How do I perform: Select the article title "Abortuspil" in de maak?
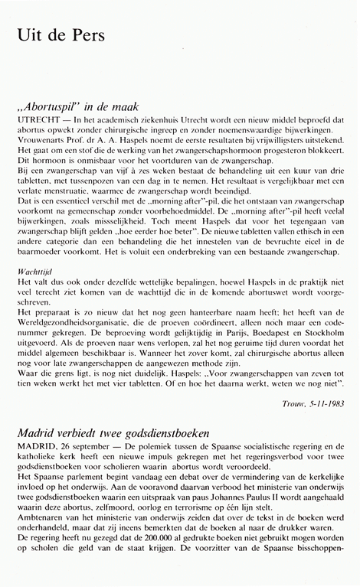pos(86,109)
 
